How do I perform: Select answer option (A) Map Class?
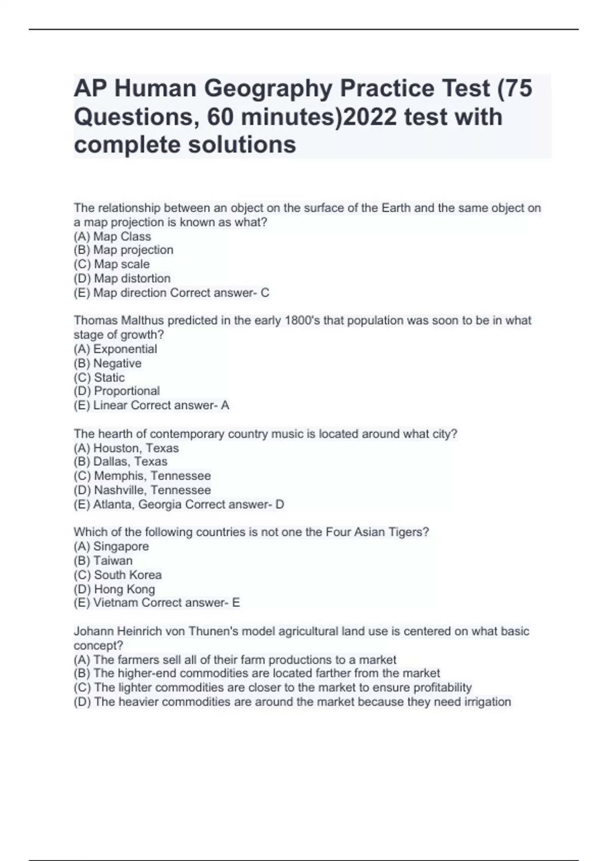pos(112,237)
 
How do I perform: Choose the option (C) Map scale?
pos(111,264)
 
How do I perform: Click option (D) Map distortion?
pos(122,279)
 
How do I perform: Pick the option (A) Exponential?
pos(115,349)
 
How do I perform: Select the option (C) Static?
pos(99,377)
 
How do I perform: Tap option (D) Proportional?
pos(117,391)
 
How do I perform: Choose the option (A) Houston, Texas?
pos(126,448)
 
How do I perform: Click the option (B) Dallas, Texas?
pos(120,462)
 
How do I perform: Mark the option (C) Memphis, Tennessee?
pos(142,476)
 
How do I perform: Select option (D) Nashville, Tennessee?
pos(142,490)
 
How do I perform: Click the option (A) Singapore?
pos(111,546)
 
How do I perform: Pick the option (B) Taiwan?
pos(103,561)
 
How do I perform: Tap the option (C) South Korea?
pos(118,575)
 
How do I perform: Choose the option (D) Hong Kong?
pos(114,589)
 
